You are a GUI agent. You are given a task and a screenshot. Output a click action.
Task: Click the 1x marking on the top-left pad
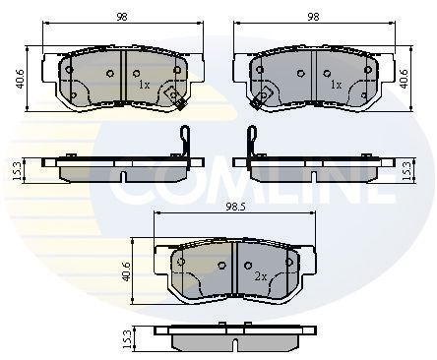point(144,87)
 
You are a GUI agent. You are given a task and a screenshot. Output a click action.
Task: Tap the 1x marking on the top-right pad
point(335,87)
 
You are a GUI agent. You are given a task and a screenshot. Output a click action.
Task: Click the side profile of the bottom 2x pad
point(237,337)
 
